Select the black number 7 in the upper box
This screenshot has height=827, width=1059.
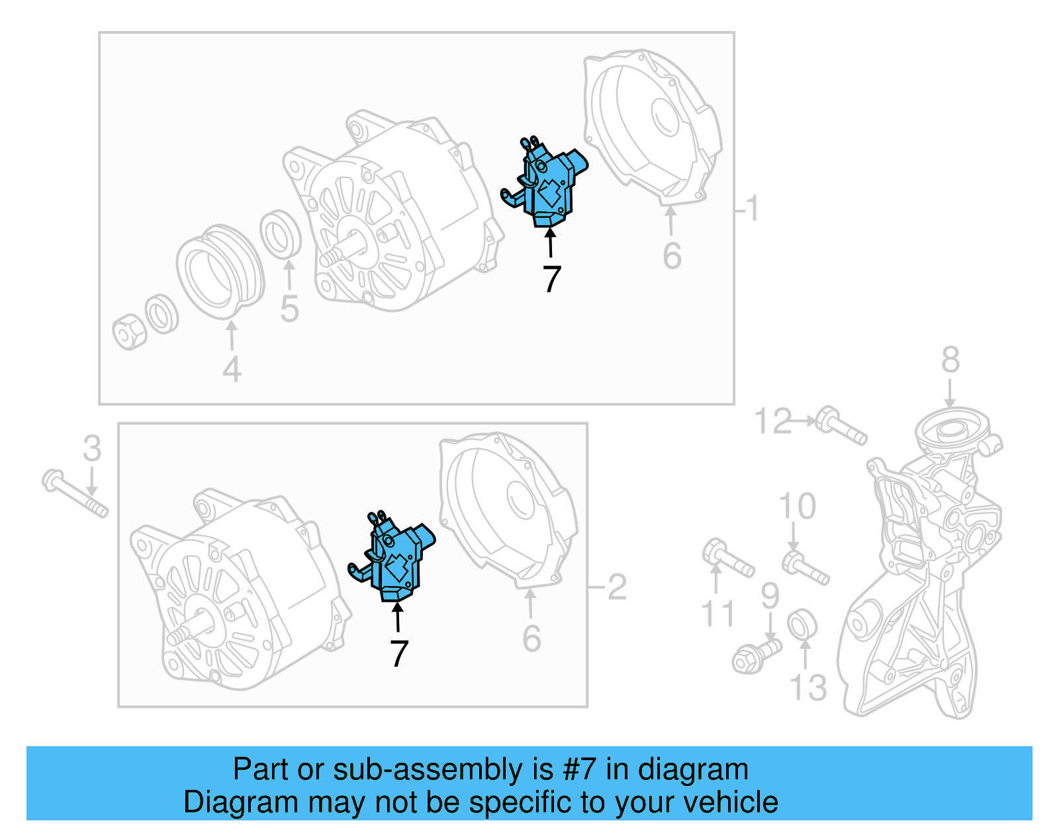point(552,279)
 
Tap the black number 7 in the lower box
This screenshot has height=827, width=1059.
point(398,654)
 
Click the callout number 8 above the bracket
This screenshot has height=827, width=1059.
point(950,361)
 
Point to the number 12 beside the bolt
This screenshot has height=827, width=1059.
point(773,422)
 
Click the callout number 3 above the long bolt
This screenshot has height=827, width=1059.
point(92,449)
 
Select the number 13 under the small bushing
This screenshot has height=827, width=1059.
point(808,688)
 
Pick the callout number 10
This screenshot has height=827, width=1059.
point(797,507)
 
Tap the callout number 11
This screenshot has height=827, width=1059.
point(717,614)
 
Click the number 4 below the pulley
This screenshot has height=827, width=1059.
point(232,369)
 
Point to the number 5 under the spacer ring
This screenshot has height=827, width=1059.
point(289,309)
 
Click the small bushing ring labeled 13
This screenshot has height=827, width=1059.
point(802,625)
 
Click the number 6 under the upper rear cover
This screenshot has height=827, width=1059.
point(672,256)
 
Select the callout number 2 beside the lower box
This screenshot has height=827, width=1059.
point(617,587)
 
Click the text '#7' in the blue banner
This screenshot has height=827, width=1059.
point(579,770)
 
